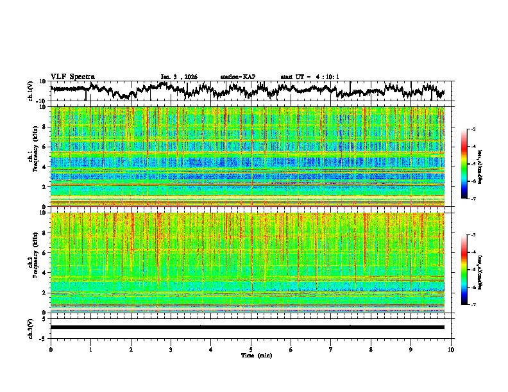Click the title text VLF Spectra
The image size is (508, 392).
coord(72,76)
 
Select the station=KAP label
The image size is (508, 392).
coord(237,77)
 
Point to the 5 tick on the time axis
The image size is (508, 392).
coord(251,350)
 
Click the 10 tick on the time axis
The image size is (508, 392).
coord(452,350)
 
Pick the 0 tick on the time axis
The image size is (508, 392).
coord(51,350)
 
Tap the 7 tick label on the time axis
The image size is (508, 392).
coord(331,350)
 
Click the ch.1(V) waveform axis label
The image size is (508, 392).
coord(31,91)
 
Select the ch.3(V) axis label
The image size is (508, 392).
coord(31,327)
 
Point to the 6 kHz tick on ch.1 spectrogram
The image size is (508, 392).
coord(44,147)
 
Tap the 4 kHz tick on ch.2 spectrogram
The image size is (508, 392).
coord(44,272)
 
